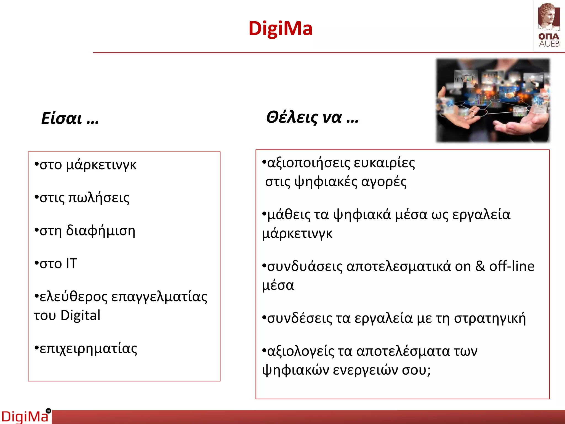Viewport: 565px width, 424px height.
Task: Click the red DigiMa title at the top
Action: [x=280, y=28]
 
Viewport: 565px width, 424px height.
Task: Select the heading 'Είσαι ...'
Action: [x=70, y=118]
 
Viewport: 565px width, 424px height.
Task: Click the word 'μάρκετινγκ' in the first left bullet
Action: [x=101, y=165]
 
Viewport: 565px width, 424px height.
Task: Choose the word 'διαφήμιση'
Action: [x=101, y=231]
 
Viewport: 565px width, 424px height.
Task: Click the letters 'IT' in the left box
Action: [x=71, y=264]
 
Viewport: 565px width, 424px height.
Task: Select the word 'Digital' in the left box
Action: [x=80, y=316]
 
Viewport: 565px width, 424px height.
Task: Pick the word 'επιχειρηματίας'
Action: [x=88, y=349]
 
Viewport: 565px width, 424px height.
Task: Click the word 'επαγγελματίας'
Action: [x=159, y=297]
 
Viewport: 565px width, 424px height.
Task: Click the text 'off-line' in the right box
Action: [x=512, y=266]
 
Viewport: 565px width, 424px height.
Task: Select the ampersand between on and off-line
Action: [x=480, y=266]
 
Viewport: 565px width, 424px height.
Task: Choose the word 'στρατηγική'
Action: [x=490, y=318]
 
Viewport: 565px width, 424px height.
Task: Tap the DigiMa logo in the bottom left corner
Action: [x=25, y=416]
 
